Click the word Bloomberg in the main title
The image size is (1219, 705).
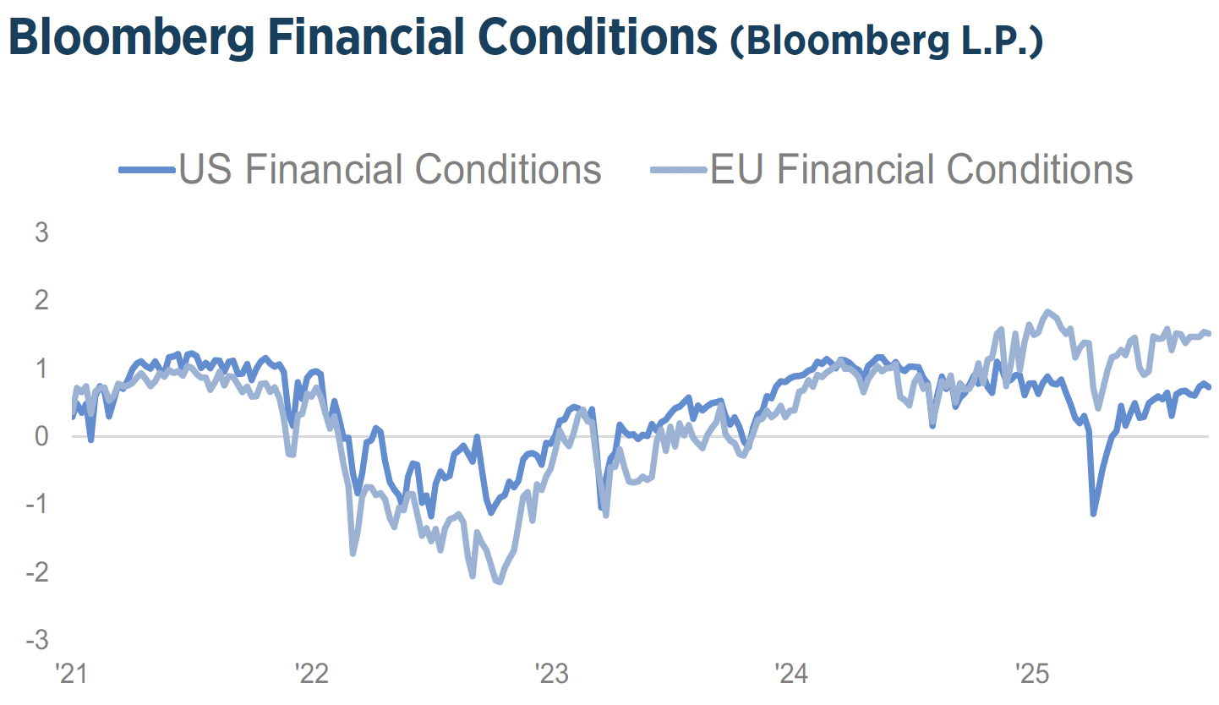(x=135, y=38)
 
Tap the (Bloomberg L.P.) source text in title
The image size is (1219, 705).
(x=887, y=42)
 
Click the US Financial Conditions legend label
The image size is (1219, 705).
(x=390, y=169)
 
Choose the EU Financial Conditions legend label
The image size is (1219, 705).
(x=921, y=169)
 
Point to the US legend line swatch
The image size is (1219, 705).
(x=147, y=170)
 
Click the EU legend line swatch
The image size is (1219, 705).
(x=678, y=170)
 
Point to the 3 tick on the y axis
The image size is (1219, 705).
(x=41, y=232)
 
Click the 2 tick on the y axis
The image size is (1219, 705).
(x=41, y=300)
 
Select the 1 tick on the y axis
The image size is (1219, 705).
(x=41, y=369)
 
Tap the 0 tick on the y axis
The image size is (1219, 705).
(x=41, y=436)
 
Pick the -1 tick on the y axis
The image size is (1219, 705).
(x=37, y=505)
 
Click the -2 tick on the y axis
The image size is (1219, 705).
(x=37, y=572)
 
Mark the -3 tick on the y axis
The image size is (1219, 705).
(x=37, y=640)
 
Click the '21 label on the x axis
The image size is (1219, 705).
(x=70, y=675)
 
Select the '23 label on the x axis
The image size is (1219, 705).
(x=551, y=675)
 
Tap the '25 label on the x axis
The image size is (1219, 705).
(x=1031, y=675)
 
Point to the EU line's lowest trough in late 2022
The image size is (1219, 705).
(x=500, y=582)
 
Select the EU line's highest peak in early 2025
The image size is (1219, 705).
(x=1048, y=312)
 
